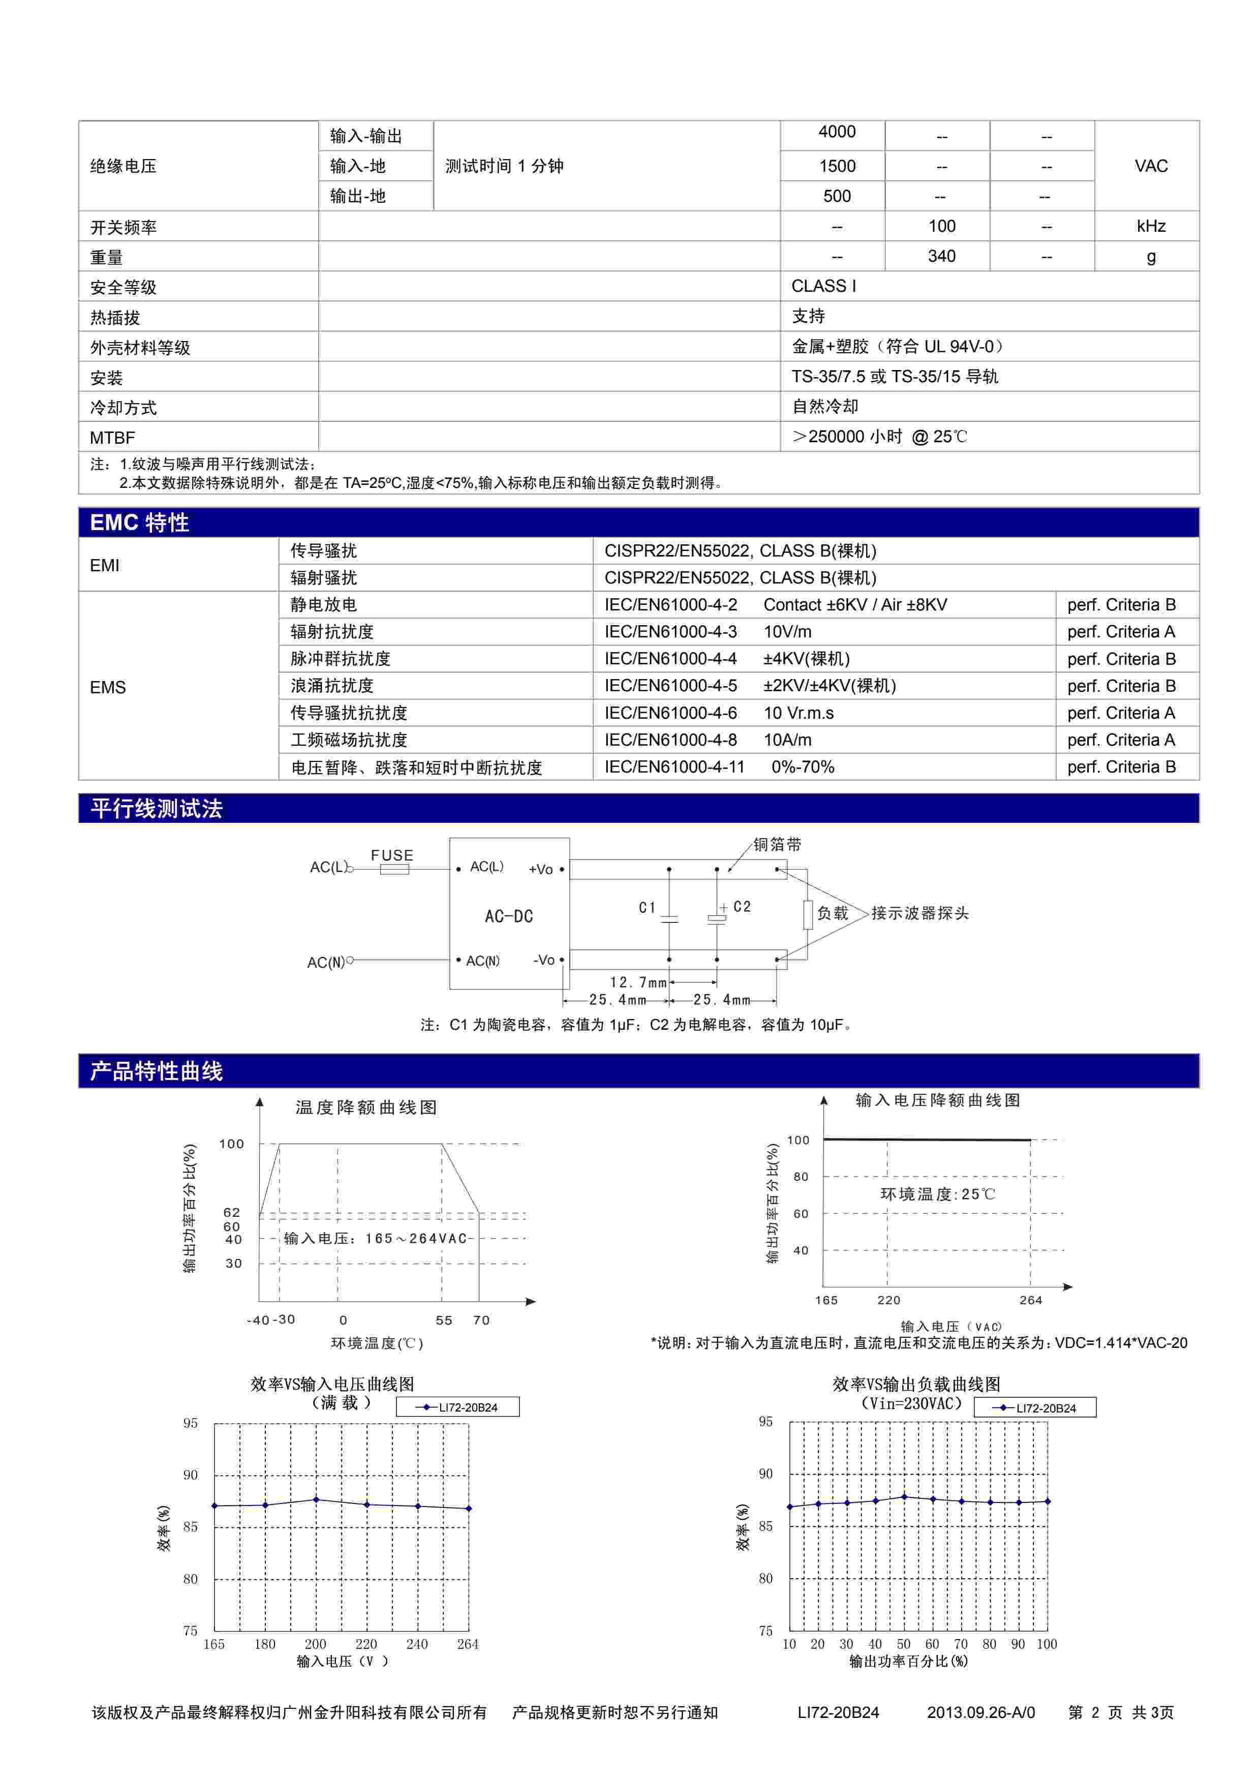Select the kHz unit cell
coord(1151,226)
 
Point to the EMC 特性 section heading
coord(140,522)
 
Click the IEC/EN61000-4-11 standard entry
coord(674,767)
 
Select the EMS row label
coord(108,687)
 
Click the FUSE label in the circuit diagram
coord(392,855)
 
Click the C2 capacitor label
coord(742,906)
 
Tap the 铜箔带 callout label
coord(777,845)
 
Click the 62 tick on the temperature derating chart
coord(231,1212)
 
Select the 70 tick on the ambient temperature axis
coord(481,1320)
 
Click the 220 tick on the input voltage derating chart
coord(889,1300)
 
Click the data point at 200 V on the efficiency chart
coord(316,1499)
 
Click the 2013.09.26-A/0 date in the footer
coord(980,1712)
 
